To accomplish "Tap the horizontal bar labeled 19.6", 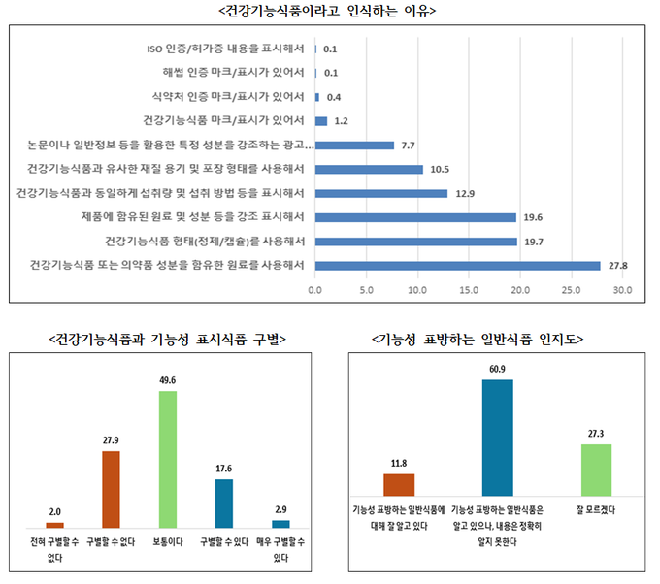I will click(x=414, y=217).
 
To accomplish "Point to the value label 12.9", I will click(x=465, y=193).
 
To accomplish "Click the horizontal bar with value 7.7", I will click(x=354, y=146).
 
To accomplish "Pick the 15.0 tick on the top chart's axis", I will click(x=469, y=289).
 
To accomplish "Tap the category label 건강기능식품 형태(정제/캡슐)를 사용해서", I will click(x=206, y=241).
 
